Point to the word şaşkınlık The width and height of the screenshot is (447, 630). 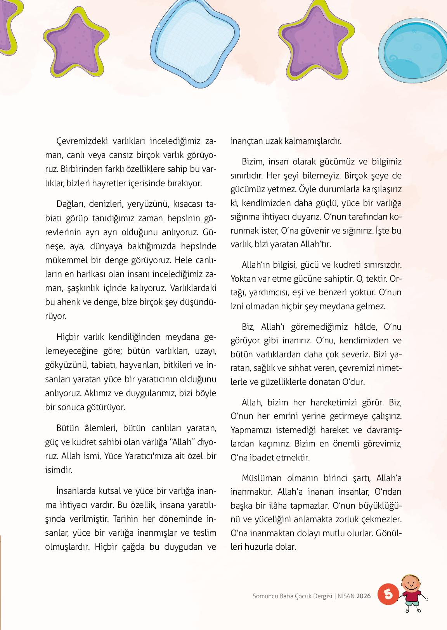(82, 288)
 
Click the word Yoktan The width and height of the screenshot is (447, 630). (242, 279)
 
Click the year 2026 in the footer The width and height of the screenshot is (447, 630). (364, 596)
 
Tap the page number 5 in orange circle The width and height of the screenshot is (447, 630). (388, 594)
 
